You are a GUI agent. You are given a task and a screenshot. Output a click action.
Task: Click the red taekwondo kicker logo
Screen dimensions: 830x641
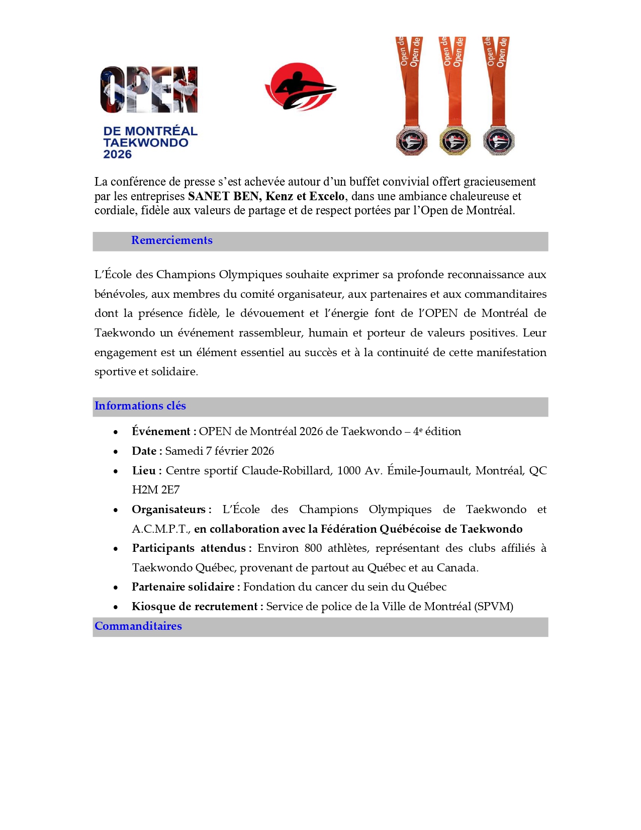(300, 87)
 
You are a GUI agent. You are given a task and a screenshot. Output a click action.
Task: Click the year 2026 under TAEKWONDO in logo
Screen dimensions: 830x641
(117, 154)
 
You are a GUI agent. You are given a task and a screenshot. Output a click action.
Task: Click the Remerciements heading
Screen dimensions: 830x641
(172, 240)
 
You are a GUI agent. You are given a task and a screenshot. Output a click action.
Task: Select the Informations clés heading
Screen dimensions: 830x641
(140, 406)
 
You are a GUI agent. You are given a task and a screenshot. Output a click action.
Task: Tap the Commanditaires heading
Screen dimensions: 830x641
(138, 626)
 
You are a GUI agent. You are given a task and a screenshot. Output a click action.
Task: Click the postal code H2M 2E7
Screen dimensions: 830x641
(156, 490)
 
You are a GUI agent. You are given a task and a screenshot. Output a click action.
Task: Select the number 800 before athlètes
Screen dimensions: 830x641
(313, 548)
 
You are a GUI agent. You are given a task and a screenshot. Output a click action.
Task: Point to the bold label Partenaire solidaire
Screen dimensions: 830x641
(184, 587)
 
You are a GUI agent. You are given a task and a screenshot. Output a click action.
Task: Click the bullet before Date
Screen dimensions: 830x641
(116, 452)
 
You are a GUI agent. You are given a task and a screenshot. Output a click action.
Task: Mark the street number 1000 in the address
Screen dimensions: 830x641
(349, 471)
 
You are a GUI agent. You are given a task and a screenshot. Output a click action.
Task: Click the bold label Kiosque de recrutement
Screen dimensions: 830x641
(195, 607)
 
